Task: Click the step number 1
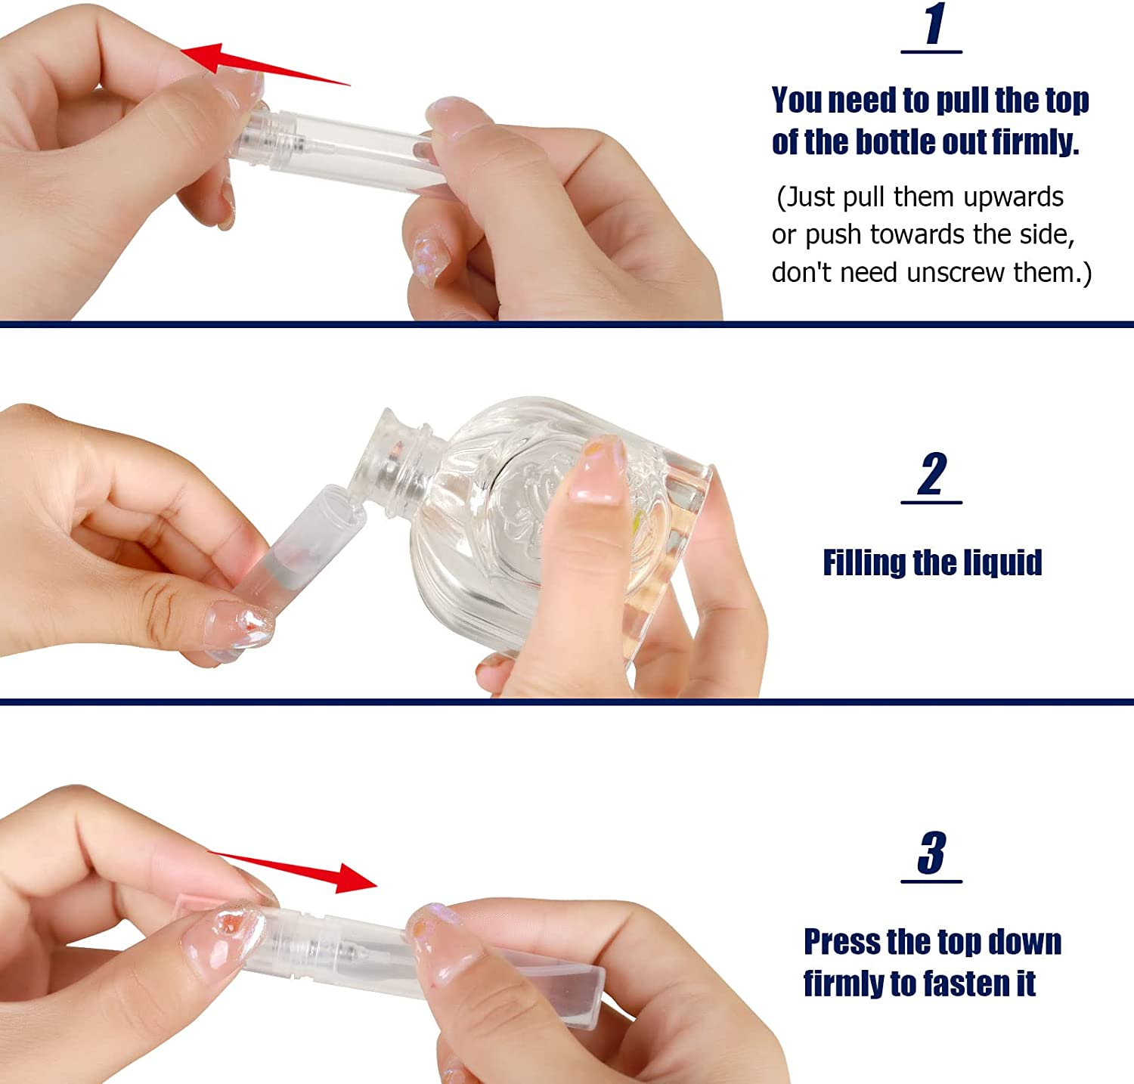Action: tap(934, 24)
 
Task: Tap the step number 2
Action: tap(932, 475)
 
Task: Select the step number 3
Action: tap(932, 853)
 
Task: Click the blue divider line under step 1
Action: tap(567, 324)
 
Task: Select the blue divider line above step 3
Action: tap(567, 702)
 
